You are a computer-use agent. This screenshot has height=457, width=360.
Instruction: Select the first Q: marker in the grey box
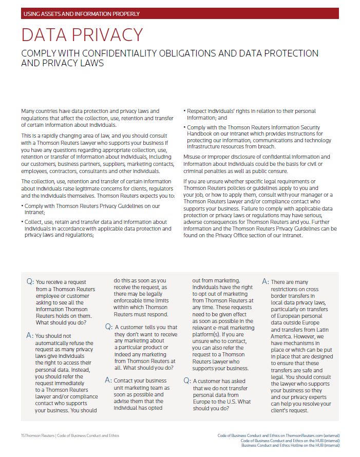(x=30, y=282)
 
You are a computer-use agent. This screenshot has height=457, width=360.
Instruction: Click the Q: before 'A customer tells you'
(x=109, y=327)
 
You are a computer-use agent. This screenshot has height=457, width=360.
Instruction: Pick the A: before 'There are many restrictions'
(x=266, y=282)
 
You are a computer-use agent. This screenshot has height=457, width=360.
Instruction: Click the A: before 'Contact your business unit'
(x=108, y=380)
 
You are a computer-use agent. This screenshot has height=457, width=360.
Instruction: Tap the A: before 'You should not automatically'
(x=30, y=335)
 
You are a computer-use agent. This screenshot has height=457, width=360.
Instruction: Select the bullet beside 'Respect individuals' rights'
(x=184, y=111)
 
